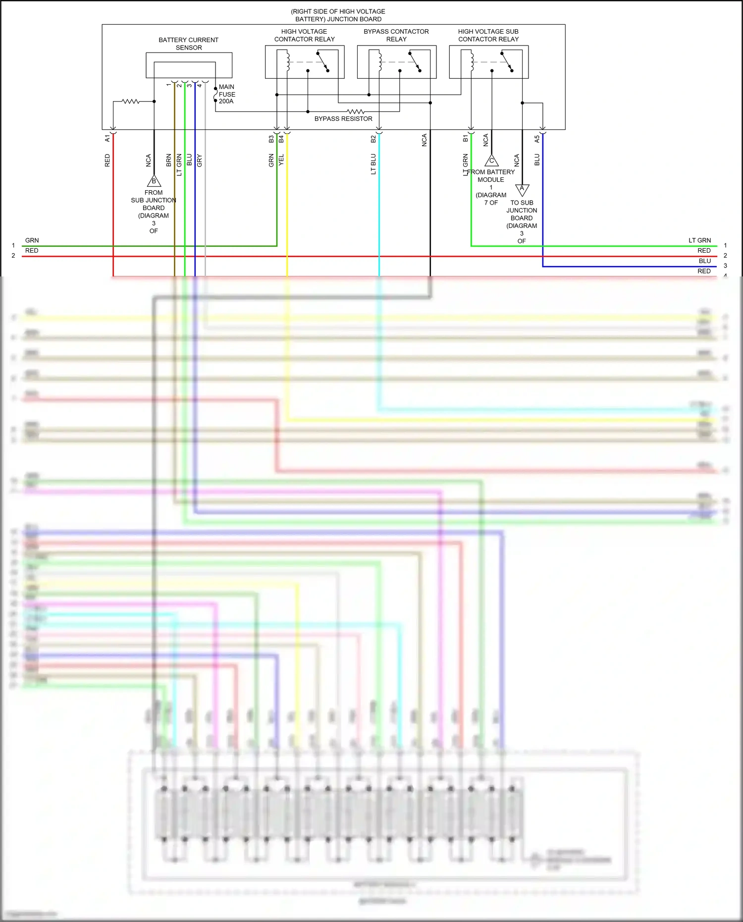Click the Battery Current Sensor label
tap(188, 44)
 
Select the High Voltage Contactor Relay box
tap(305, 62)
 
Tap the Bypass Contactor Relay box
tap(397, 62)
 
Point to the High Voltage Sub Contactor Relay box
tap(488, 62)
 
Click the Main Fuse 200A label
tap(226, 94)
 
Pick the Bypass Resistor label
tap(343, 119)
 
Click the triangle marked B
tap(154, 181)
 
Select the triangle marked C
tap(491, 161)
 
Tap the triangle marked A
tap(522, 189)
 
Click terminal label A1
tap(107, 138)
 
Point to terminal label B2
tap(373, 139)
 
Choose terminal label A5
tap(536, 139)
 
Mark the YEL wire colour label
tap(281, 160)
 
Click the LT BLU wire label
tap(373, 164)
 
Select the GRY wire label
tap(200, 160)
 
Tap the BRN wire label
tap(168, 160)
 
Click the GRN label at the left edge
tap(32, 240)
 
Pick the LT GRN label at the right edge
tap(699, 240)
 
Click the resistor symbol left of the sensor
tap(131, 102)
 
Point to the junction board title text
tap(338, 15)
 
